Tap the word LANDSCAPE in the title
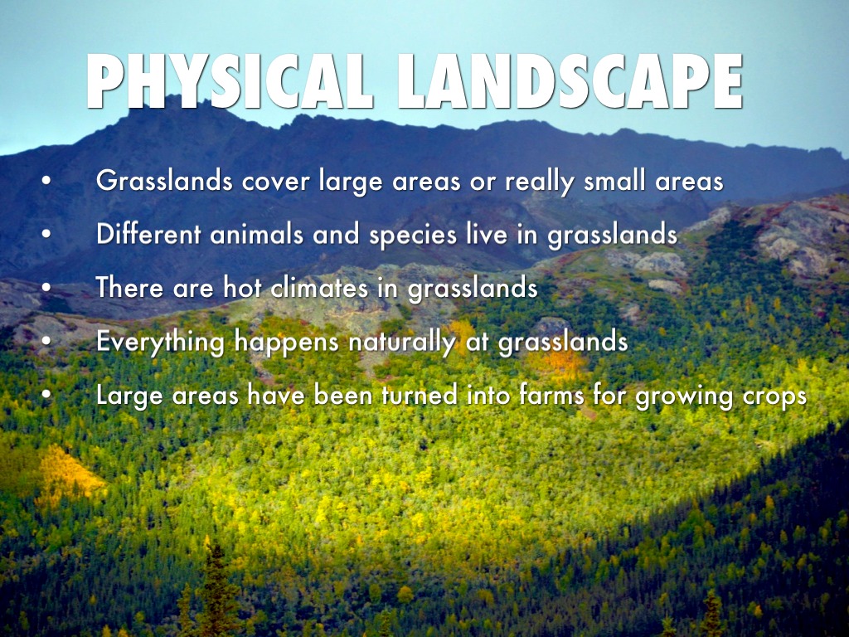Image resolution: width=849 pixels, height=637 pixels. [570, 82]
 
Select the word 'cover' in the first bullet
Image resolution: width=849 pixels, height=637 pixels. [276, 182]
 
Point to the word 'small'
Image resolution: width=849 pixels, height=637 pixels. [614, 180]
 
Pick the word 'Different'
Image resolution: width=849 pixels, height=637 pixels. [148, 234]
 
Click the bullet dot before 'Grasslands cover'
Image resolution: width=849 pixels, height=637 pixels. [46, 181]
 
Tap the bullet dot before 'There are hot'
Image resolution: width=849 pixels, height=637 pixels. [46, 288]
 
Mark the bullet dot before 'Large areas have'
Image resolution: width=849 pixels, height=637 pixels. [46, 395]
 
